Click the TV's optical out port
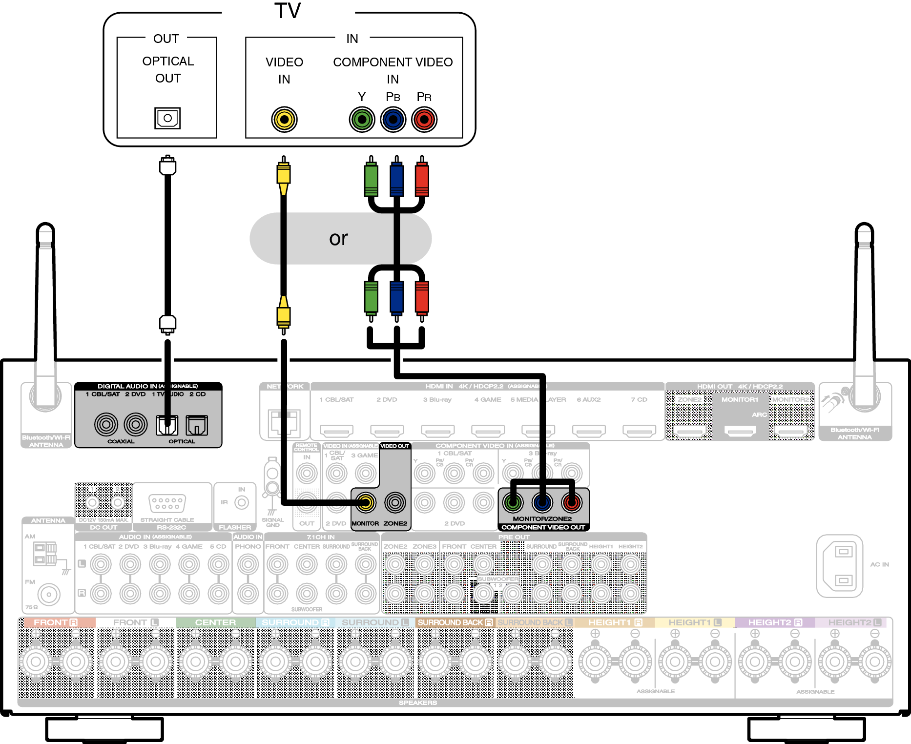coord(167,118)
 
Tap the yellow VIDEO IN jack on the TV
coord(284,119)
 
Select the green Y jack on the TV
coord(362,119)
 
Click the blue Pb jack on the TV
coord(393,119)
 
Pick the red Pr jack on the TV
coord(424,119)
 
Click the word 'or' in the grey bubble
coord(338,238)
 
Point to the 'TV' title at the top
coord(288,11)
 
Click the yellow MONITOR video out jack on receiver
coord(365,502)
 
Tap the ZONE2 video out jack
coord(395,502)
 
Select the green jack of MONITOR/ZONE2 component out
coord(513,502)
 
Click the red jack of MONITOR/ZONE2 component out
coord(572,502)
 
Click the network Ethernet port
coord(284,422)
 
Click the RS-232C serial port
coord(167,503)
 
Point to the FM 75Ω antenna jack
coord(48,594)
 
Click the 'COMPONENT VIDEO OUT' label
coord(543,527)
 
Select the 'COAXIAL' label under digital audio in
coord(121,441)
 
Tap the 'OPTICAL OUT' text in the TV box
coord(168,69)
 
